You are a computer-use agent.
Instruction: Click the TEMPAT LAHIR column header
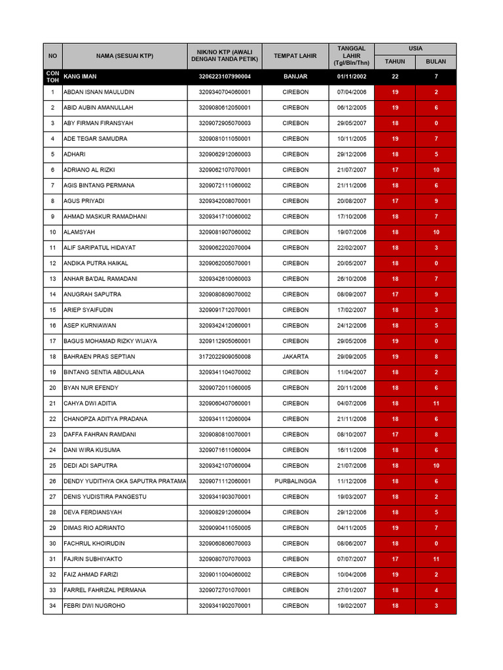click(295, 56)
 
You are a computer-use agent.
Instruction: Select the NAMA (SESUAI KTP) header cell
click(124, 56)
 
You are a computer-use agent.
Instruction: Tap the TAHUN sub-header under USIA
click(395, 62)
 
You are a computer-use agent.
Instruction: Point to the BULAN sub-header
click(436, 62)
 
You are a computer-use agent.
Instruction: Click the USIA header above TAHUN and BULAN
click(415, 48)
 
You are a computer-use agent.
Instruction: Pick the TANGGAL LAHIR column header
click(351, 56)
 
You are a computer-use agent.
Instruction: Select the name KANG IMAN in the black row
click(80, 77)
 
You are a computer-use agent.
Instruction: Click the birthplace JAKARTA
click(295, 357)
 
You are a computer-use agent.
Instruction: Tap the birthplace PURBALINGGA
click(295, 481)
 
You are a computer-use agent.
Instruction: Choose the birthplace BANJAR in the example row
click(295, 77)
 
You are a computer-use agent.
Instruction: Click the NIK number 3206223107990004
click(225, 77)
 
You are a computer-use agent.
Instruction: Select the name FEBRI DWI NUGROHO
click(94, 606)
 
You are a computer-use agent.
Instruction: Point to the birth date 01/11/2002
click(351, 77)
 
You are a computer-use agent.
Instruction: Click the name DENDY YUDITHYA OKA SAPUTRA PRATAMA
click(124, 481)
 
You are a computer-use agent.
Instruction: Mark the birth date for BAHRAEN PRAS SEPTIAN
click(351, 357)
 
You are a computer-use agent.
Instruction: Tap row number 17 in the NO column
click(52, 341)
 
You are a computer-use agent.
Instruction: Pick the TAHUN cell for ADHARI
click(395, 154)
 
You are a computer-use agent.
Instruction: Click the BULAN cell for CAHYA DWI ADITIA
click(436, 403)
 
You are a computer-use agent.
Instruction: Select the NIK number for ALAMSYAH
click(225, 232)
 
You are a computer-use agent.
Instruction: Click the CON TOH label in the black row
click(52, 77)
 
